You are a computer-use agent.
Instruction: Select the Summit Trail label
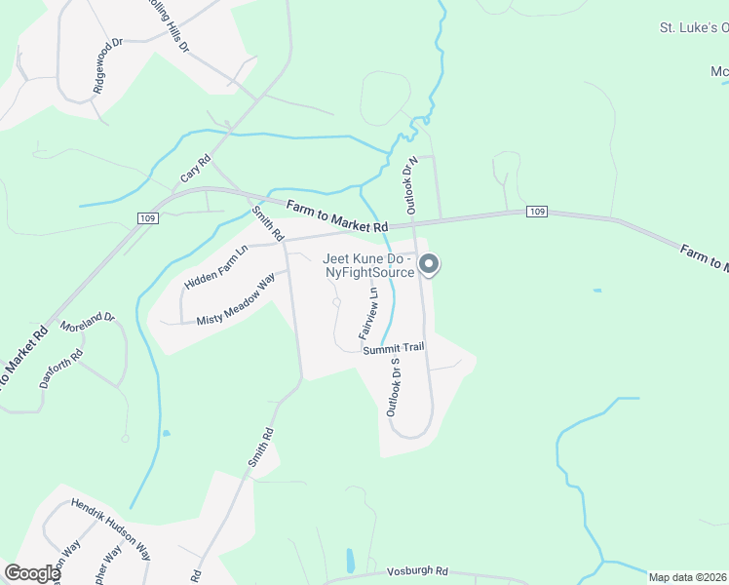tap(393, 349)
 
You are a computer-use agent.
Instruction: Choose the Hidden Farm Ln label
tap(216, 266)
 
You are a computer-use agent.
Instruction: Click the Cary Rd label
tap(196, 170)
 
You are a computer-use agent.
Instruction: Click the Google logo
tap(32, 573)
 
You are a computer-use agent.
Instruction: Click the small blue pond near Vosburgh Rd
tap(350, 561)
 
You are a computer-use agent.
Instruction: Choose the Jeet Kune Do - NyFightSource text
tap(369, 265)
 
